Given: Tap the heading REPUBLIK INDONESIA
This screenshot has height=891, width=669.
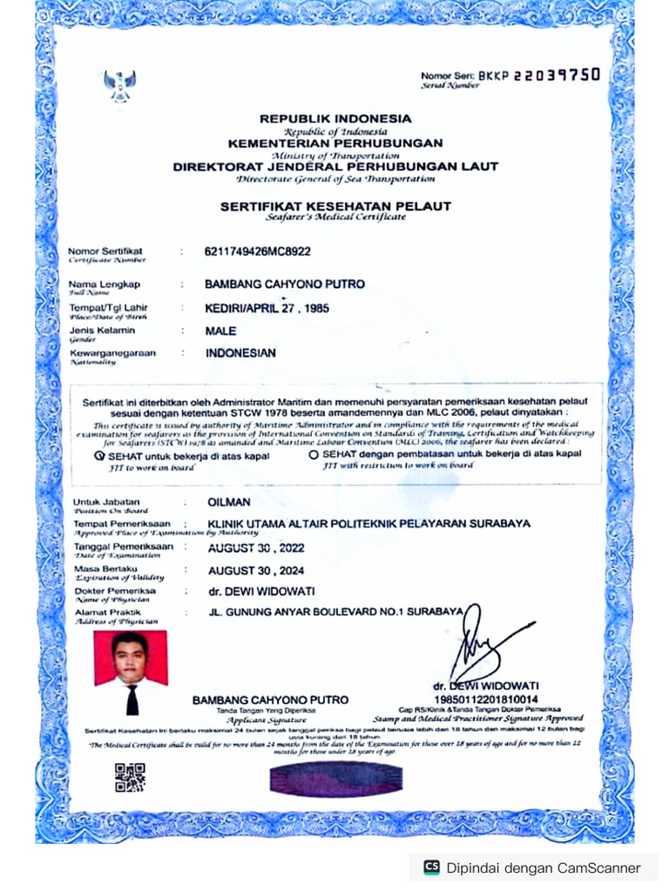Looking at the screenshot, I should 335,118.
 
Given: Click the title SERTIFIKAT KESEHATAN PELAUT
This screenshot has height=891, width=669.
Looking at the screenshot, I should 335,205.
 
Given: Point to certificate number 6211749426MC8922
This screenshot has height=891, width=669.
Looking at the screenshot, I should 257,252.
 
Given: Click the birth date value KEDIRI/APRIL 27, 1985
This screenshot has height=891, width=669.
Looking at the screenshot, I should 267,308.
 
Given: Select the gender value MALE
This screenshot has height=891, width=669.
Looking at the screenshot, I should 221,331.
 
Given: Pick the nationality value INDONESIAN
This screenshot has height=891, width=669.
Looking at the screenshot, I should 240,353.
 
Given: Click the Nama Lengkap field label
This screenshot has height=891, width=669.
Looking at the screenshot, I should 104,285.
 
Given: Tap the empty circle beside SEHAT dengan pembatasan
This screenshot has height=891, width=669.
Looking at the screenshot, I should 314,454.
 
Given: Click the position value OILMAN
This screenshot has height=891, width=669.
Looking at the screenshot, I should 229,502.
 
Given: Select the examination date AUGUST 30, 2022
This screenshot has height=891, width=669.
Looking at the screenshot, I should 255,548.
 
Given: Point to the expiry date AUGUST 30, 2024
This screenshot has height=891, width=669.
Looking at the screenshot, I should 255,572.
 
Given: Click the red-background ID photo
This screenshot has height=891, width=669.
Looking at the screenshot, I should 130,672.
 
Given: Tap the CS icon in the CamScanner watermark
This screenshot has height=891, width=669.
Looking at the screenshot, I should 431,868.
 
